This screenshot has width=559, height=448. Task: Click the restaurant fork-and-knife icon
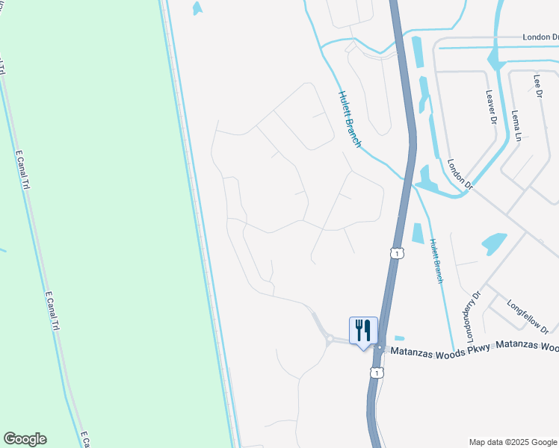tap(363, 330)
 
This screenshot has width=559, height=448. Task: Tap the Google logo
tap(25, 439)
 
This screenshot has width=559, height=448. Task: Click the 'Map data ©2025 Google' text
tap(513, 442)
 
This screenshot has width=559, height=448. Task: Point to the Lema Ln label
tap(515, 124)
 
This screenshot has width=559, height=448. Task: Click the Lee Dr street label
tap(537, 86)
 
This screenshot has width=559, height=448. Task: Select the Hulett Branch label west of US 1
tap(350, 119)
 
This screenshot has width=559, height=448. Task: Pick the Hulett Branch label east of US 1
tap(436, 261)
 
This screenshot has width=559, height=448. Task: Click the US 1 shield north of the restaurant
tap(397, 254)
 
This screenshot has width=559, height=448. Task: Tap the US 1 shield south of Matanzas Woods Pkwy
tap(378, 371)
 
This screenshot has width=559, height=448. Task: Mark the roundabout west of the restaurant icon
tap(330, 340)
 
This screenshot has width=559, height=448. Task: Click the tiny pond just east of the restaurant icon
tap(399, 338)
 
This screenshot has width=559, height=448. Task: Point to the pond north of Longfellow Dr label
tap(494, 243)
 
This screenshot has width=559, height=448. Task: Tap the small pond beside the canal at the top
tap(197, 8)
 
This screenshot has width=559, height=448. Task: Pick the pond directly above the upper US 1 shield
tap(416, 232)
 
